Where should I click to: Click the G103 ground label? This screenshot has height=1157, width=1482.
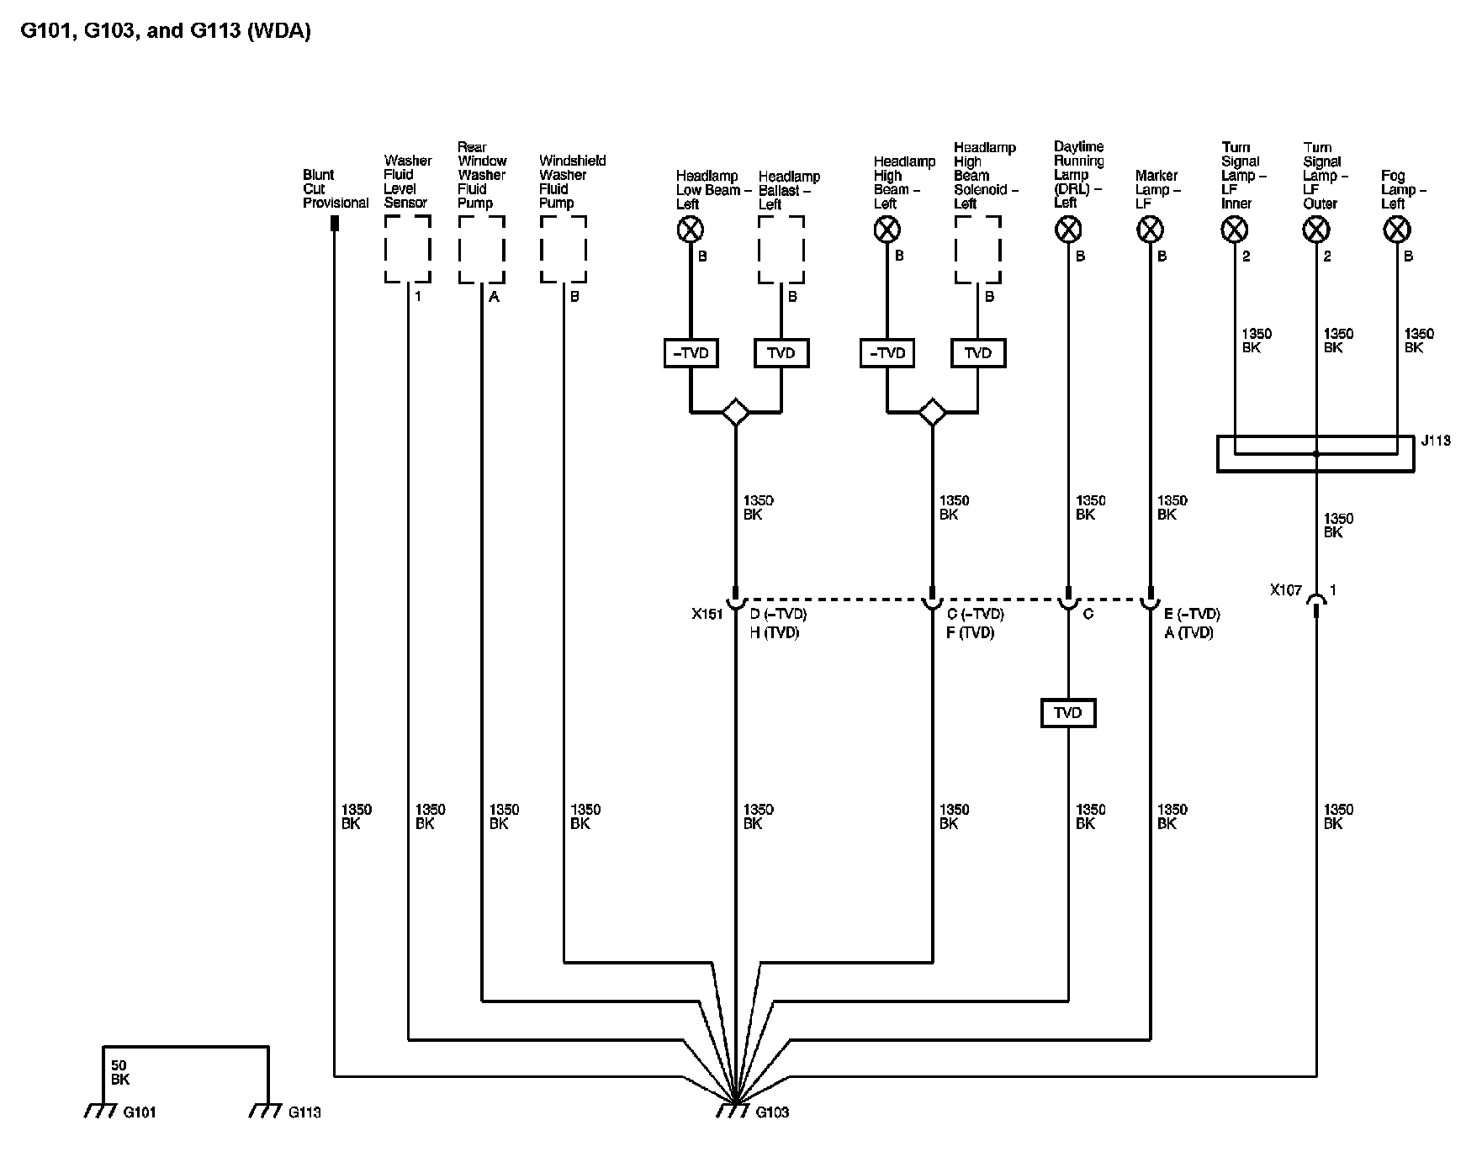pyautogui.click(x=772, y=1112)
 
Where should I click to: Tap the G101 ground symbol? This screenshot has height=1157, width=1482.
pyautogui.click(x=100, y=1111)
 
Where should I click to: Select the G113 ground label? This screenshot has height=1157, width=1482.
pyautogui.click(x=304, y=1112)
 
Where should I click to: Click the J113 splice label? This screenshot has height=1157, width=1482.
pyautogui.click(x=1436, y=441)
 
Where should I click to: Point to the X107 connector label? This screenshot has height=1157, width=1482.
pyautogui.click(x=1286, y=590)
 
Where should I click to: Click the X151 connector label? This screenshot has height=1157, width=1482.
pyautogui.click(x=707, y=614)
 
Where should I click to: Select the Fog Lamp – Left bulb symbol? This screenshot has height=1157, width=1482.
pyautogui.click(x=1397, y=229)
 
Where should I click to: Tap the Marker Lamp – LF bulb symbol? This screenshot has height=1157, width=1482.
pyautogui.click(x=1150, y=229)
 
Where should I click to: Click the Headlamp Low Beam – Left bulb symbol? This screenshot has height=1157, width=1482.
pyautogui.click(x=691, y=229)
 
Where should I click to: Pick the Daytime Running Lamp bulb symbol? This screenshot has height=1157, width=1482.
pyautogui.click(x=1068, y=229)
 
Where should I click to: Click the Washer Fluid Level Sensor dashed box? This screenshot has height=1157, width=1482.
pyautogui.click(x=408, y=216)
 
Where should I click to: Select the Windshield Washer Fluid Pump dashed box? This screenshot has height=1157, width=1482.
pyautogui.click(x=564, y=216)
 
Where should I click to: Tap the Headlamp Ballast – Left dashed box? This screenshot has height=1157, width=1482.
pyautogui.click(x=781, y=216)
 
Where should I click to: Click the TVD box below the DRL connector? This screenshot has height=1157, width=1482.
pyautogui.click(x=1068, y=713)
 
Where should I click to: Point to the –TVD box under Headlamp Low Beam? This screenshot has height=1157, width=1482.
pyautogui.click(x=691, y=353)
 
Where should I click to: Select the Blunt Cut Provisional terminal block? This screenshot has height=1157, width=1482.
pyautogui.click(x=334, y=224)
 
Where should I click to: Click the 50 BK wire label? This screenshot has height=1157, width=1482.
pyautogui.click(x=119, y=1072)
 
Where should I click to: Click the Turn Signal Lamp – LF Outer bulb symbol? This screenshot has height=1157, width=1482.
pyautogui.click(x=1315, y=229)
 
